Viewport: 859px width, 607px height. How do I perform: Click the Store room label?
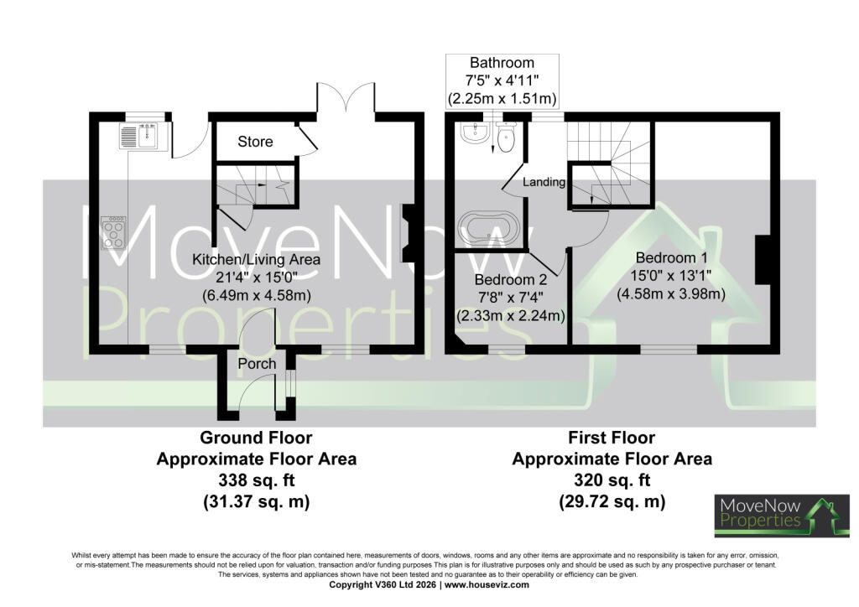[255, 142]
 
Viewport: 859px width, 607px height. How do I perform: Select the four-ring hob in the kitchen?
[113, 234]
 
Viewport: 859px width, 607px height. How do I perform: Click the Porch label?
[257, 364]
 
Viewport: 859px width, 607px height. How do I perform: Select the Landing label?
[544, 182]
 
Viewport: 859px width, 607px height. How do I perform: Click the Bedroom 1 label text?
[672, 257]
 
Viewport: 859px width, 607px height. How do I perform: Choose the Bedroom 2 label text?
[511, 280]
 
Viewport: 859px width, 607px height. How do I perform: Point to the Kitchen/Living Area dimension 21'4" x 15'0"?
[257, 278]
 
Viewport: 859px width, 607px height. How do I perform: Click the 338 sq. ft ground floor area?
[257, 480]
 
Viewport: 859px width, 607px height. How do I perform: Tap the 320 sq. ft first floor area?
[612, 480]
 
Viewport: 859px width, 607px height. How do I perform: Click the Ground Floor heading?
[256, 438]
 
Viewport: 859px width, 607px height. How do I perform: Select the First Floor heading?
[612, 438]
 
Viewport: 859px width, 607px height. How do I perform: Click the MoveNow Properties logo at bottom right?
[782, 516]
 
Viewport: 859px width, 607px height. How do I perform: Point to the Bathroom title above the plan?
[502, 63]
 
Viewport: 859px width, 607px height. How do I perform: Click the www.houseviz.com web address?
[487, 584]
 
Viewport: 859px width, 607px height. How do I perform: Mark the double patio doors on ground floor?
[346, 98]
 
